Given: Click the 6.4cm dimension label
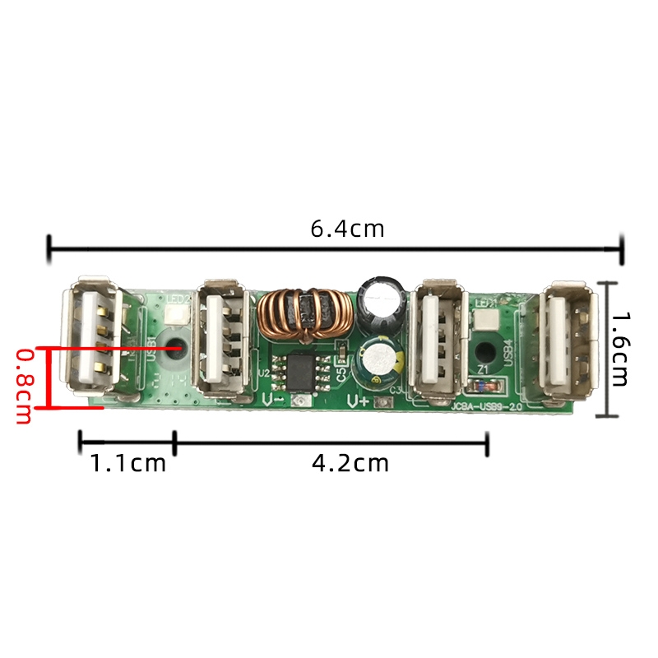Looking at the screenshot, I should [x=347, y=229].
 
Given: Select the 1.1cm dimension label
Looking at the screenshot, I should [x=127, y=463].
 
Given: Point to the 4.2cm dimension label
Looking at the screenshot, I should [x=350, y=463].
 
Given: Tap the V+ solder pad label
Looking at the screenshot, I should [x=359, y=401].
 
